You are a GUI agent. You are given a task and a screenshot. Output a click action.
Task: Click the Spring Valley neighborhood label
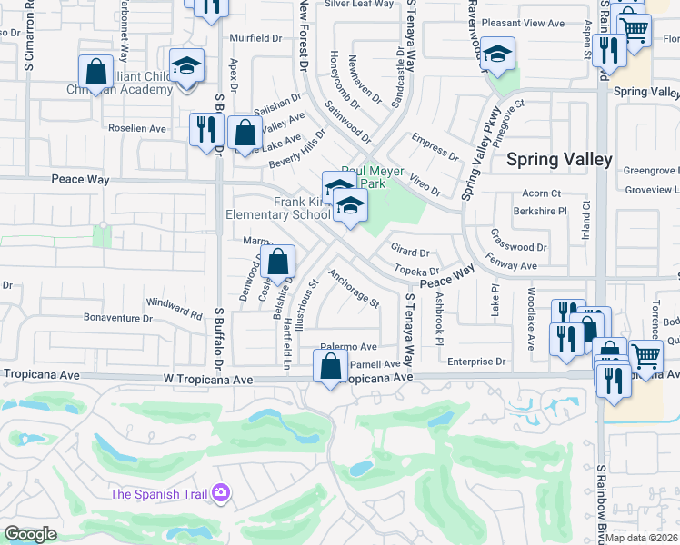(558, 159)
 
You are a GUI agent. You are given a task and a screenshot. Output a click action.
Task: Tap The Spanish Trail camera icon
(220, 493)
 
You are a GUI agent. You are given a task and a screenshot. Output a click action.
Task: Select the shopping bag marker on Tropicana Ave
(330, 367)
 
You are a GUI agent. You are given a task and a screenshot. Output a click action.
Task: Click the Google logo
(30, 534)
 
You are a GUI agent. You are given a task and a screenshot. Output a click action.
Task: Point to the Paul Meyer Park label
(373, 176)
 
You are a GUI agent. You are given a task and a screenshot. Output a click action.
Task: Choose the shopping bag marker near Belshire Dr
(279, 262)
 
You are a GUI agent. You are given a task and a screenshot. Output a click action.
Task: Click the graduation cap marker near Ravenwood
(496, 54)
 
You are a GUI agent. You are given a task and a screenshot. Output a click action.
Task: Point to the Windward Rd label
(175, 308)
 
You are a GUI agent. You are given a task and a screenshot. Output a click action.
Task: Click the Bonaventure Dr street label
(117, 318)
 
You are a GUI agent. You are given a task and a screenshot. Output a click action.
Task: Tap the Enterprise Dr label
(477, 361)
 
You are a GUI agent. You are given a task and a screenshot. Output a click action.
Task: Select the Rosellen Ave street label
(136, 128)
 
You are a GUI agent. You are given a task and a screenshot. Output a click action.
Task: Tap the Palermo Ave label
(347, 347)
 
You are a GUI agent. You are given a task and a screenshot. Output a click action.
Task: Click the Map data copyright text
(642, 538)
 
